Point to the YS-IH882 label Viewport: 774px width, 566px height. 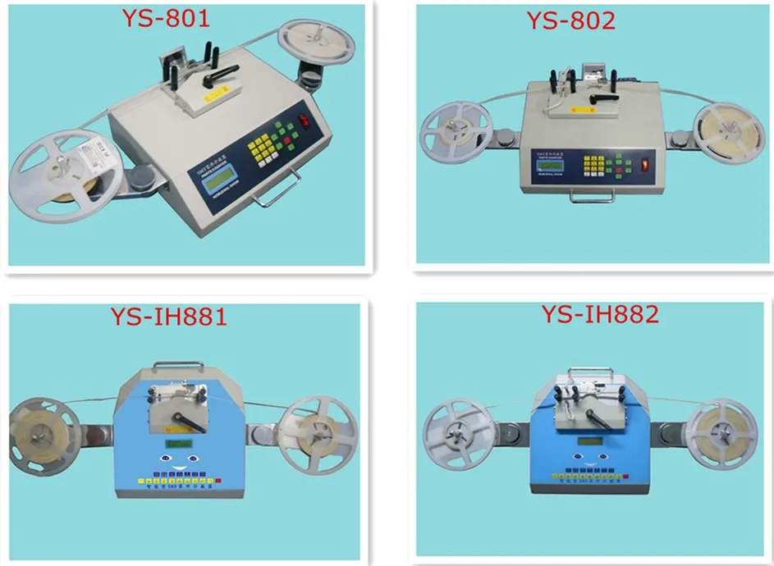click(x=600, y=315)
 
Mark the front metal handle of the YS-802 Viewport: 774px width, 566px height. click(x=592, y=198)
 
